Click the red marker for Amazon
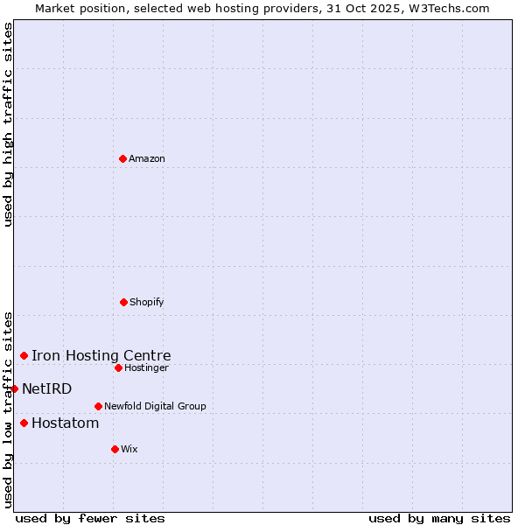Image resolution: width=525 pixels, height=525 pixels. (122, 158)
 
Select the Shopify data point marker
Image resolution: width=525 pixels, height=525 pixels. (123, 302)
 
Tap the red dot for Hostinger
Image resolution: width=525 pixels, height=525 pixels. (118, 367)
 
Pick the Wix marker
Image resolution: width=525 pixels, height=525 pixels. (115, 449)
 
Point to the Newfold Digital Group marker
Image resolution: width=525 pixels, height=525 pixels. (98, 406)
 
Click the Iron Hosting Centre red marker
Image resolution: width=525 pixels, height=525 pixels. (24, 355)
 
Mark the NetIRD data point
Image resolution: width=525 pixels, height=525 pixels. (14, 388)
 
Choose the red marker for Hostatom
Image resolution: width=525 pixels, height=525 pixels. (24, 423)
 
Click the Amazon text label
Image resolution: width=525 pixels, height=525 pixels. (147, 158)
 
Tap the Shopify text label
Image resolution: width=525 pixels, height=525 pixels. (147, 302)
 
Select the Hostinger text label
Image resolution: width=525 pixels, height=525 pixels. (146, 367)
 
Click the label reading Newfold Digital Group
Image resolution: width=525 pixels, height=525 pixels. (155, 406)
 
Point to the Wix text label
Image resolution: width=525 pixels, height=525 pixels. (129, 449)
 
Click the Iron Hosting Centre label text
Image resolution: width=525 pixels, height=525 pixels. (101, 355)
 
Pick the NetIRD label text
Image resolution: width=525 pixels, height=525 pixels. (47, 388)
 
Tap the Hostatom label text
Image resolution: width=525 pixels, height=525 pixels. (66, 423)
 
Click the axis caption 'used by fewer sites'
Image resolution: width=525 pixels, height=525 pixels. (90, 518)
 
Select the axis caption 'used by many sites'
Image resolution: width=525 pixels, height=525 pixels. (439, 518)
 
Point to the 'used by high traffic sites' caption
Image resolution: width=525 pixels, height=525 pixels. (8, 124)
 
